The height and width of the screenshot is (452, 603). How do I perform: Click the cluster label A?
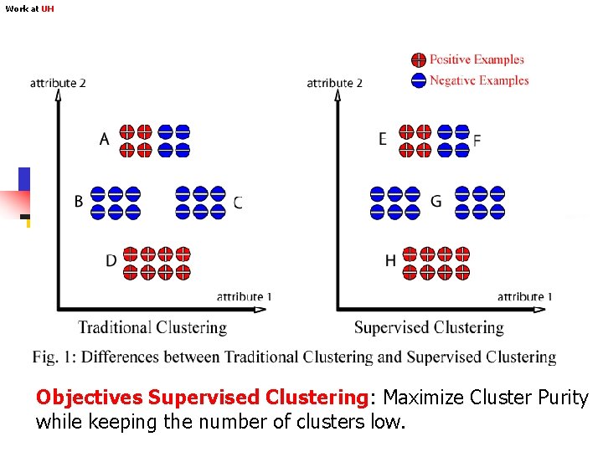point(104,139)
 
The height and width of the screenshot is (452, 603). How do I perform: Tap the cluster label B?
point(79,201)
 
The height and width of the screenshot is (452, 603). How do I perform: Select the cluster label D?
point(111,261)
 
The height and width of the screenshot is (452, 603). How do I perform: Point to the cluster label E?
point(383,139)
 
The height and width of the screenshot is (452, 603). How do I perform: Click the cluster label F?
point(477,141)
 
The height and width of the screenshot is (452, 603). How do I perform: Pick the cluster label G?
point(435,202)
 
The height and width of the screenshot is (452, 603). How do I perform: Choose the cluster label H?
point(390,261)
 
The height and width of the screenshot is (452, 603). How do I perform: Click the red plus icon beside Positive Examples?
point(418,59)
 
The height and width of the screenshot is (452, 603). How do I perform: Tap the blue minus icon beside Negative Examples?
point(418,80)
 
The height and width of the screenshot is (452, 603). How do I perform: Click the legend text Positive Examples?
point(477,59)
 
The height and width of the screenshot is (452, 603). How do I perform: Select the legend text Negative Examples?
point(479,80)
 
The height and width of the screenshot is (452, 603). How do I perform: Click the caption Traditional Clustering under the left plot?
point(152,327)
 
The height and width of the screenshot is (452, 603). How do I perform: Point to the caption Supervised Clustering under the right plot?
point(429,327)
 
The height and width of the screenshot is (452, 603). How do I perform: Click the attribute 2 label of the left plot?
point(58,83)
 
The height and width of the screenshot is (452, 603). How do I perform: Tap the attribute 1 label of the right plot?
point(524,297)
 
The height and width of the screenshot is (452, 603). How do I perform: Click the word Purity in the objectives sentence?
point(561,398)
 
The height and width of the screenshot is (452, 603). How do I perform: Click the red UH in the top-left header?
point(48,8)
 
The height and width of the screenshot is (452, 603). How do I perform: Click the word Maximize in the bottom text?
point(423,398)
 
